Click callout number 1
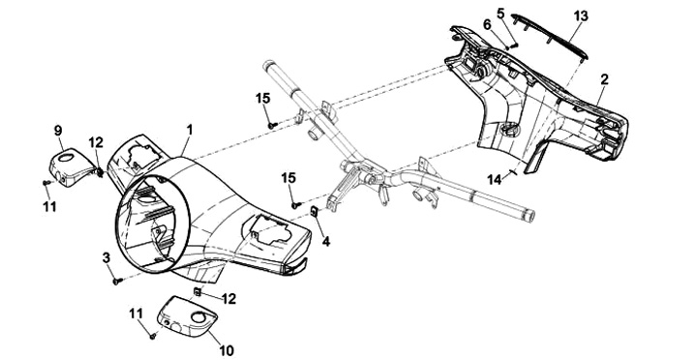tap(190, 130)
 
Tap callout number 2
tap(604, 79)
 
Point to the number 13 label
tap(581, 16)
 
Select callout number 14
tap(494, 180)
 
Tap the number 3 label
tap(106, 257)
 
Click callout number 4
tap(326, 241)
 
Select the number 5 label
tap(501, 14)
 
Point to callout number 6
tap(487, 25)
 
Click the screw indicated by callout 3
tap(117, 281)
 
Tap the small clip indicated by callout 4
tap(314, 211)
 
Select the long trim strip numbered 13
tap(550, 37)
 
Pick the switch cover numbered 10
tap(187, 316)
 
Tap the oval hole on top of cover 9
tap(66, 157)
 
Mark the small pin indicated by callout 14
tap(512, 172)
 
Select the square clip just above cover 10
tap(197, 291)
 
